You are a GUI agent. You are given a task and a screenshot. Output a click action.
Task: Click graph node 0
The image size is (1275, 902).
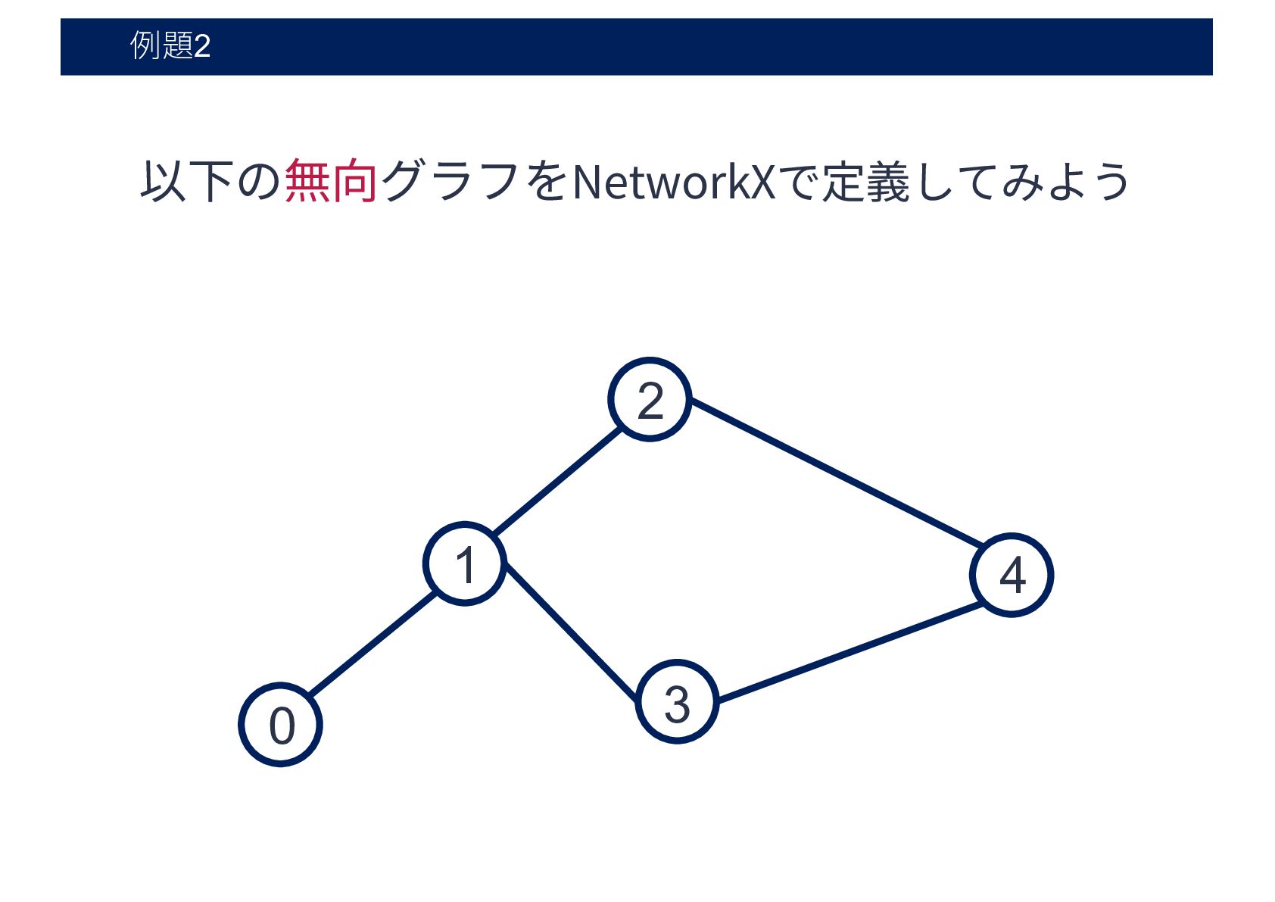(280, 725)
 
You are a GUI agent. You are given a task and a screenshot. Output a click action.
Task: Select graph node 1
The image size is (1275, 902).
(464, 564)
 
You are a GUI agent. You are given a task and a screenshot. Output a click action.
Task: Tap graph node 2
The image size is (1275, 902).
(650, 399)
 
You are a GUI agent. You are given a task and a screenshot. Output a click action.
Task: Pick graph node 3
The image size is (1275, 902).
(676, 703)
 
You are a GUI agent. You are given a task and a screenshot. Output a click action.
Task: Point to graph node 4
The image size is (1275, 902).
(1012, 575)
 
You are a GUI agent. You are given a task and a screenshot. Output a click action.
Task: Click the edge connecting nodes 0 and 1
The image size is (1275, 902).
(373, 644)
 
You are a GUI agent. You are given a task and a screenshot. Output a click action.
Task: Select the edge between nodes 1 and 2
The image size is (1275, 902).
(558, 481)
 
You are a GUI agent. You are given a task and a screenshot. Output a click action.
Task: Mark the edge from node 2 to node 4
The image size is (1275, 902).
(836, 473)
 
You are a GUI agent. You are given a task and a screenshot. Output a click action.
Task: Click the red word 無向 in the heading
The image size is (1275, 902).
(331, 182)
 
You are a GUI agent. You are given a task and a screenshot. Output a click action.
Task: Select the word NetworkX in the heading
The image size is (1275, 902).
(674, 182)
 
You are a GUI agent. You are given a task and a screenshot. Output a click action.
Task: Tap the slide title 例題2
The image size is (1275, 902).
(170, 46)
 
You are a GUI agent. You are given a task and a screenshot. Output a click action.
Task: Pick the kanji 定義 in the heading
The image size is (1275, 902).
(865, 182)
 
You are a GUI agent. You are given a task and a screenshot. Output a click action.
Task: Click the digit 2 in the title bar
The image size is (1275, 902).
(202, 47)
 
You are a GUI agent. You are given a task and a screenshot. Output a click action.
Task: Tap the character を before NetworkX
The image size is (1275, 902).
(547, 182)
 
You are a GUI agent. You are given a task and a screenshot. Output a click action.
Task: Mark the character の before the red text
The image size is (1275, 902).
(259, 182)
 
